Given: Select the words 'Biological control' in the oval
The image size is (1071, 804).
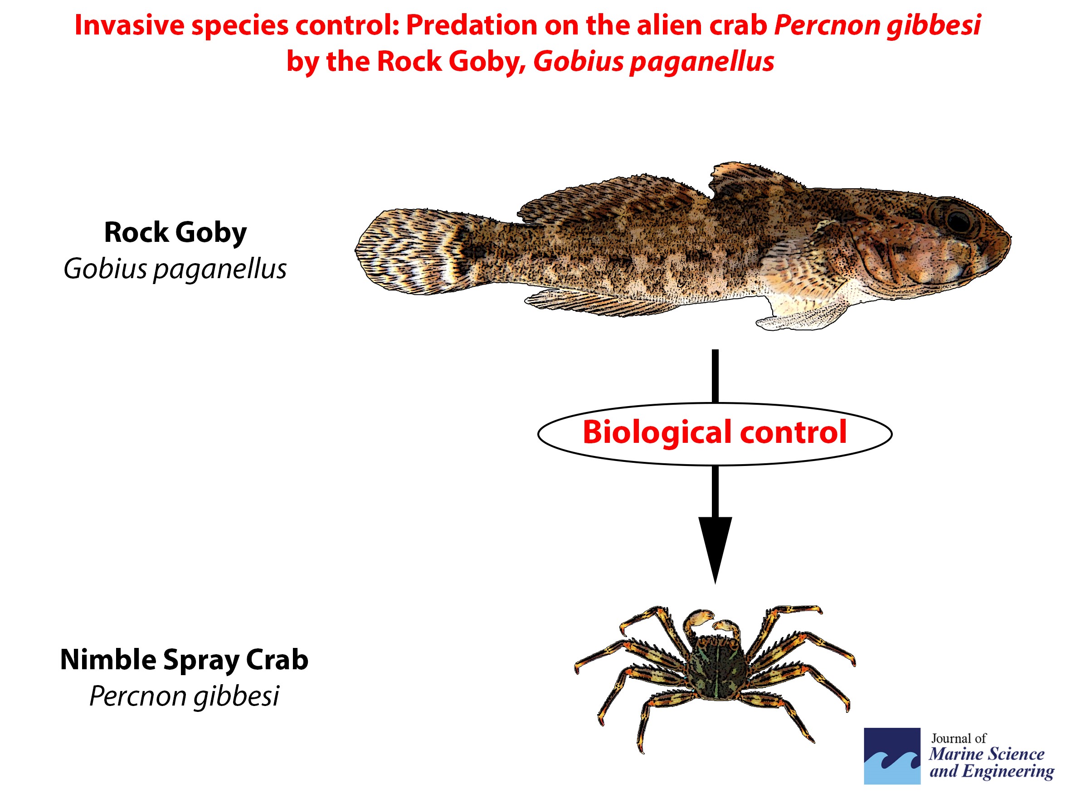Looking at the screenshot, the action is pyautogui.click(x=715, y=432).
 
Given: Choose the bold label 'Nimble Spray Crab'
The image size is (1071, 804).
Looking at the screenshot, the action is pyautogui.click(x=184, y=660).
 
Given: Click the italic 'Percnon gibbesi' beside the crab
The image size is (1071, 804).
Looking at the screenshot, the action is pyautogui.click(x=185, y=697).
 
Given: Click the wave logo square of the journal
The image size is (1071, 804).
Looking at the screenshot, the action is pyautogui.click(x=892, y=756).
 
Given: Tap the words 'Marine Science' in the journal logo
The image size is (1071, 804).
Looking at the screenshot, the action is pyautogui.click(x=987, y=754).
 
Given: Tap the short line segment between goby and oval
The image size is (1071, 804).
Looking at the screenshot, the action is pyautogui.click(x=715, y=376).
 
